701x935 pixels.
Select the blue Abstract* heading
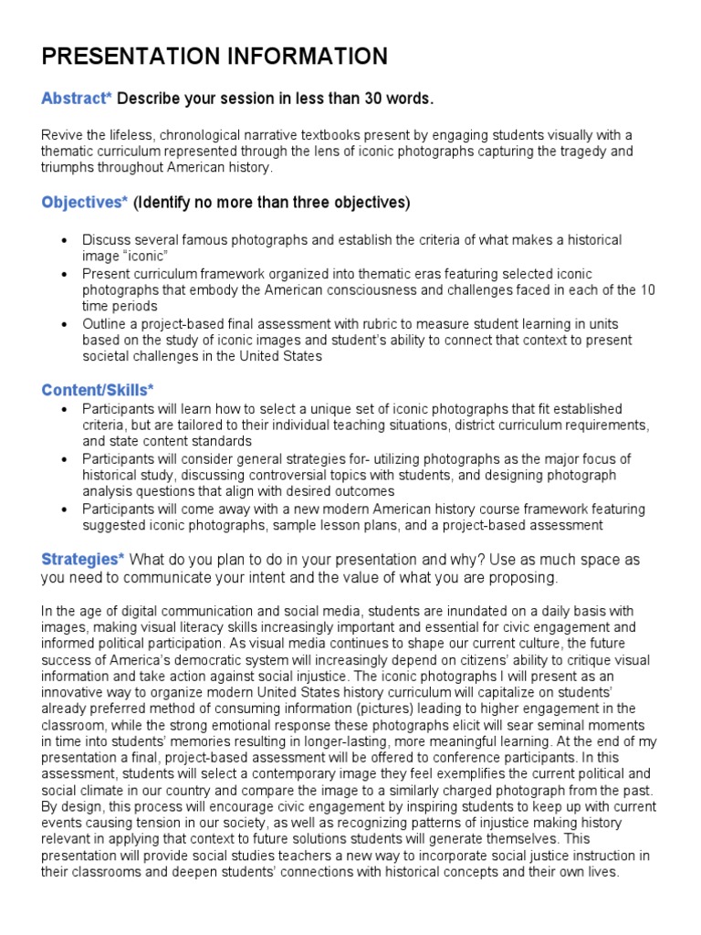pyautogui.click(x=77, y=99)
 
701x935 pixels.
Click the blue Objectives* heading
pyautogui.click(x=85, y=202)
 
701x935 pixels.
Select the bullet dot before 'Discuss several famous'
pyautogui.click(x=63, y=240)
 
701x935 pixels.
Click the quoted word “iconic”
pyautogui.click(x=146, y=256)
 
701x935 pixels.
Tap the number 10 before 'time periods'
pyautogui.click(x=646, y=289)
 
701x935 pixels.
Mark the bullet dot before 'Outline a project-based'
pyautogui.click(x=63, y=323)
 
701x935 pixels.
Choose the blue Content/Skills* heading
pyautogui.click(x=98, y=391)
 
